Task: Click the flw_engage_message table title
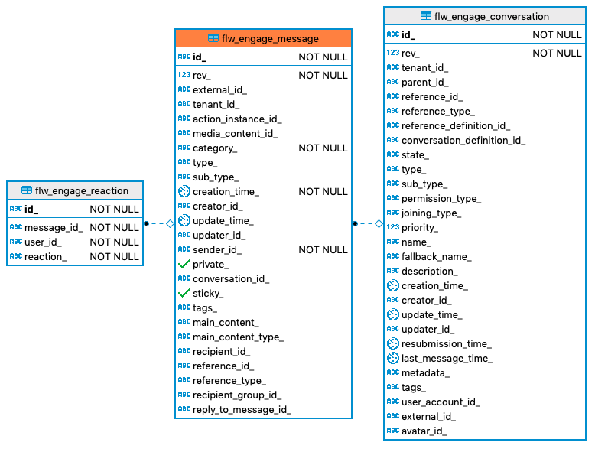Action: coord(263,38)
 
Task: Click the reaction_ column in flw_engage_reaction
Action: coord(45,256)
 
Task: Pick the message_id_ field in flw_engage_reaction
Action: coord(54,227)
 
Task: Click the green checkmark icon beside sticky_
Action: coord(184,293)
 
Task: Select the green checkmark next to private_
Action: coord(184,264)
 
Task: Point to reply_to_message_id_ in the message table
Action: coord(242,409)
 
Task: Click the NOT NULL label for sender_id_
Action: coord(323,249)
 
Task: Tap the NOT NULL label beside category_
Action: coord(323,148)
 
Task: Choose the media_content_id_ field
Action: coord(235,133)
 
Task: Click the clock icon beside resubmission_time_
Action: coord(392,343)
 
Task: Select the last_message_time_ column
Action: coord(447,358)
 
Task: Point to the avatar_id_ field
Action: coord(424,431)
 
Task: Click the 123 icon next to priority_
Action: coord(392,227)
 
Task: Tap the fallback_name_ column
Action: coord(436,256)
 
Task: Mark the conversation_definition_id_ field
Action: coord(463,140)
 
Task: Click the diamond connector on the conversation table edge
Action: coord(378,223)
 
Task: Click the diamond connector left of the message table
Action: coord(170,223)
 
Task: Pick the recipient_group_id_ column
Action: coord(236,395)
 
